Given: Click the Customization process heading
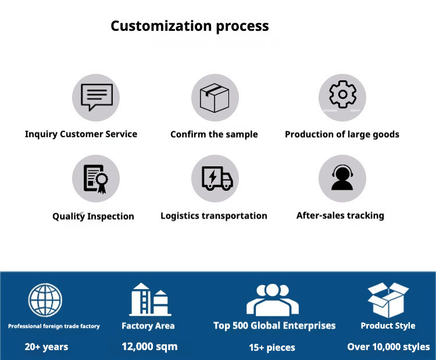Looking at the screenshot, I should click(190, 26).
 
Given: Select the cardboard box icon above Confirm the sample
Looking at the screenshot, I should click(215, 98).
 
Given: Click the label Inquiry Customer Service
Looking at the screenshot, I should click(81, 134).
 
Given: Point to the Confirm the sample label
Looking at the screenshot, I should click(214, 134).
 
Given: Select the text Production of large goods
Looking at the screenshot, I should click(342, 134).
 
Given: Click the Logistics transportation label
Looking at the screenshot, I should click(214, 216).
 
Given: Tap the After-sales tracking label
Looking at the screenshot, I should click(340, 216).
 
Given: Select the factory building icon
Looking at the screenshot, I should click(148, 300).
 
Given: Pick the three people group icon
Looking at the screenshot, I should click(272, 300).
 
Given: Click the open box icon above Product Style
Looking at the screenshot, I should click(388, 300).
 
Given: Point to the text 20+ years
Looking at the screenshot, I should click(47, 347).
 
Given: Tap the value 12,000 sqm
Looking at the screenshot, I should click(149, 347).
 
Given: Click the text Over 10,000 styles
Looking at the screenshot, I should click(388, 347).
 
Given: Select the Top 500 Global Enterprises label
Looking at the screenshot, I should click(274, 326).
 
